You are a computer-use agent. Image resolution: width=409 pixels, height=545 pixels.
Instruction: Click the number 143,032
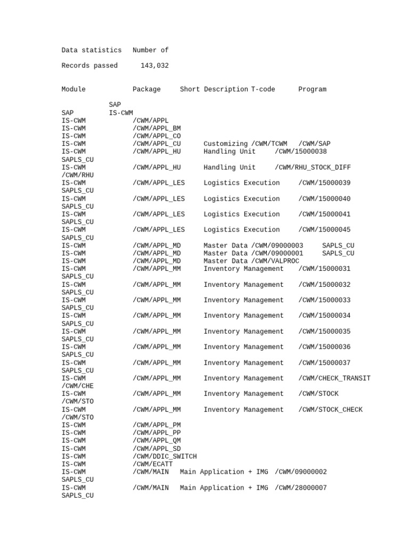pyautogui.click(x=154, y=66)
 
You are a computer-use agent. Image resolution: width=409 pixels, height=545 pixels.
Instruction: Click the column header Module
pyautogui.click(x=73, y=89)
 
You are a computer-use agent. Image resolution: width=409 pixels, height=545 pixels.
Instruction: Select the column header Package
pyautogui.click(x=146, y=89)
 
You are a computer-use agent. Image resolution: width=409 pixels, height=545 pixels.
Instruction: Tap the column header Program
pyautogui.click(x=312, y=89)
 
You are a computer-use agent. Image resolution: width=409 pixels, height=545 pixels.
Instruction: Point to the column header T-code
pyautogui.click(x=263, y=89)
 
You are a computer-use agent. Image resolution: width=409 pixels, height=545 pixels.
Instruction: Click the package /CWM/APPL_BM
pyautogui.click(x=157, y=128)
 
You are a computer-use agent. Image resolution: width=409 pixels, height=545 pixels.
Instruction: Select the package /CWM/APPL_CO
pyautogui.click(x=157, y=136)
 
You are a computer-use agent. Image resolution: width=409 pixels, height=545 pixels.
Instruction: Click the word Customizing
pyautogui.click(x=226, y=144)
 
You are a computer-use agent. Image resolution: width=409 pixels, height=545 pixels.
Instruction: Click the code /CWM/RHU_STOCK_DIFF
pyautogui.click(x=313, y=168)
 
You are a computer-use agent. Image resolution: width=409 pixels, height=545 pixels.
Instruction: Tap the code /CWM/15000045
pyautogui.click(x=324, y=230)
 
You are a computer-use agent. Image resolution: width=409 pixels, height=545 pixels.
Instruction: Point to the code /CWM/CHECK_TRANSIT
pyautogui.click(x=334, y=378)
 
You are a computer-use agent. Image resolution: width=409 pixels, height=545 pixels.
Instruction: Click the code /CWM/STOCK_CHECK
pyautogui.click(x=330, y=410)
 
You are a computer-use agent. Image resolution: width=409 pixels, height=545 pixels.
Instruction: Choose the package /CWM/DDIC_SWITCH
pyautogui.click(x=165, y=457)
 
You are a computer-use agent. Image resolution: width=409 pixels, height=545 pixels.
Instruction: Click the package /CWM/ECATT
pyautogui.click(x=152, y=464)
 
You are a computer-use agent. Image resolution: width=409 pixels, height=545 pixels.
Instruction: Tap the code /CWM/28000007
pyautogui.click(x=301, y=488)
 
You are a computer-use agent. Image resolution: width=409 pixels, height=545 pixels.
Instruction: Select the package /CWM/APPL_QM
pyautogui.click(x=157, y=441)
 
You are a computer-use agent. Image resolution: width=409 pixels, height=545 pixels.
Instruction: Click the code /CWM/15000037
pyautogui.click(x=324, y=363)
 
